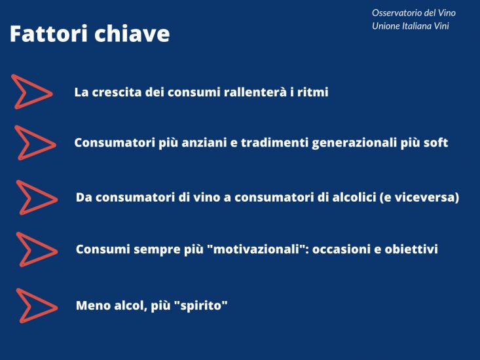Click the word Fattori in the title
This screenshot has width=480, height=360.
tap(49, 34)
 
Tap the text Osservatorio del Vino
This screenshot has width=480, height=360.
tap(413, 13)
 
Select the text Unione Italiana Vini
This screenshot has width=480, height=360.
tap(411, 26)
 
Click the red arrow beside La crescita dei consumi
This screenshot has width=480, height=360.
tap(31, 92)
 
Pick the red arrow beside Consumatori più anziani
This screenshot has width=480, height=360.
tap(34, 143)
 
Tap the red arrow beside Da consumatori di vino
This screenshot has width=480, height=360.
tap(36, 198)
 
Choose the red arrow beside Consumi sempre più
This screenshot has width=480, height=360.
tap(36, 249)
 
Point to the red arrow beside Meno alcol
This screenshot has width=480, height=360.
tap(36, 306)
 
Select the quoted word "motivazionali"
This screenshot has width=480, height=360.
tap(256, 249)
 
